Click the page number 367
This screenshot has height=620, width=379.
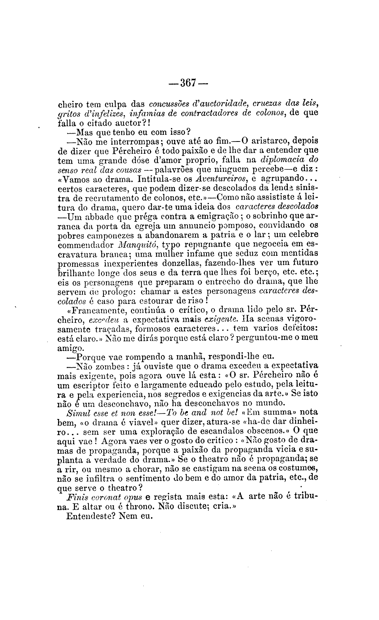189,83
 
